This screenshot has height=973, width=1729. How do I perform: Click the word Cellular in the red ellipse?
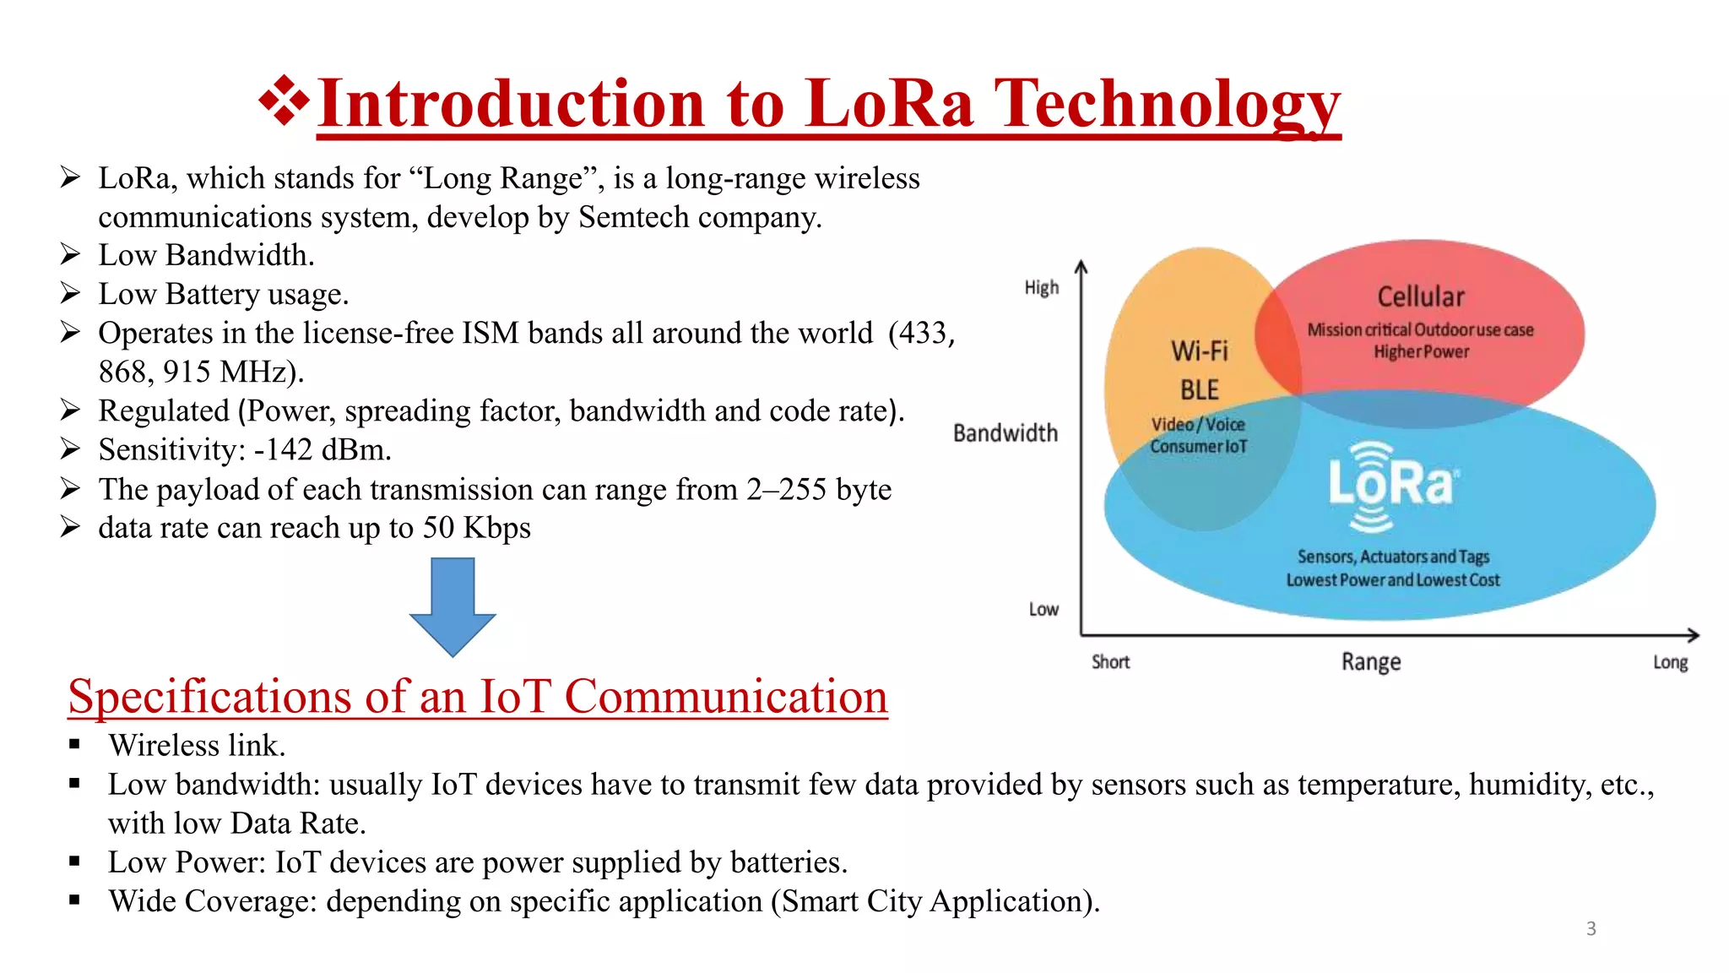point(1421,296)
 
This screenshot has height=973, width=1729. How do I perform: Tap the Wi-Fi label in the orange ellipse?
point(1199,351)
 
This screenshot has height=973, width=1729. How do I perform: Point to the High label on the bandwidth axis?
point(1041,288)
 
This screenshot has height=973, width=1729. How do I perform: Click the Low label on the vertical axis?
point(1043,609)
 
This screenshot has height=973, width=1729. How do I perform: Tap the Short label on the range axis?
point(1110,662)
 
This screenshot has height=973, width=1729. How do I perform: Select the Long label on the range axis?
point(1670,662)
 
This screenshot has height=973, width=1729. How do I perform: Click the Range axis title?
point(1371,661)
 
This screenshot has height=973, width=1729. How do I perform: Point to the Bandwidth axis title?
point(1005,433)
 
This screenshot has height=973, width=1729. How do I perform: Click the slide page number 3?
point(1591,929)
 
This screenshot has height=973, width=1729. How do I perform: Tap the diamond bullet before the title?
point(284,101)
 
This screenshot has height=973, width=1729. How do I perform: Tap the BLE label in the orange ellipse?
point(1199,390)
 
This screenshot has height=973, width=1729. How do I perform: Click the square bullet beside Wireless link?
point(75,745)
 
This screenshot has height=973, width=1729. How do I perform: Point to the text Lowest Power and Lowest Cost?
point(1392,580)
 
